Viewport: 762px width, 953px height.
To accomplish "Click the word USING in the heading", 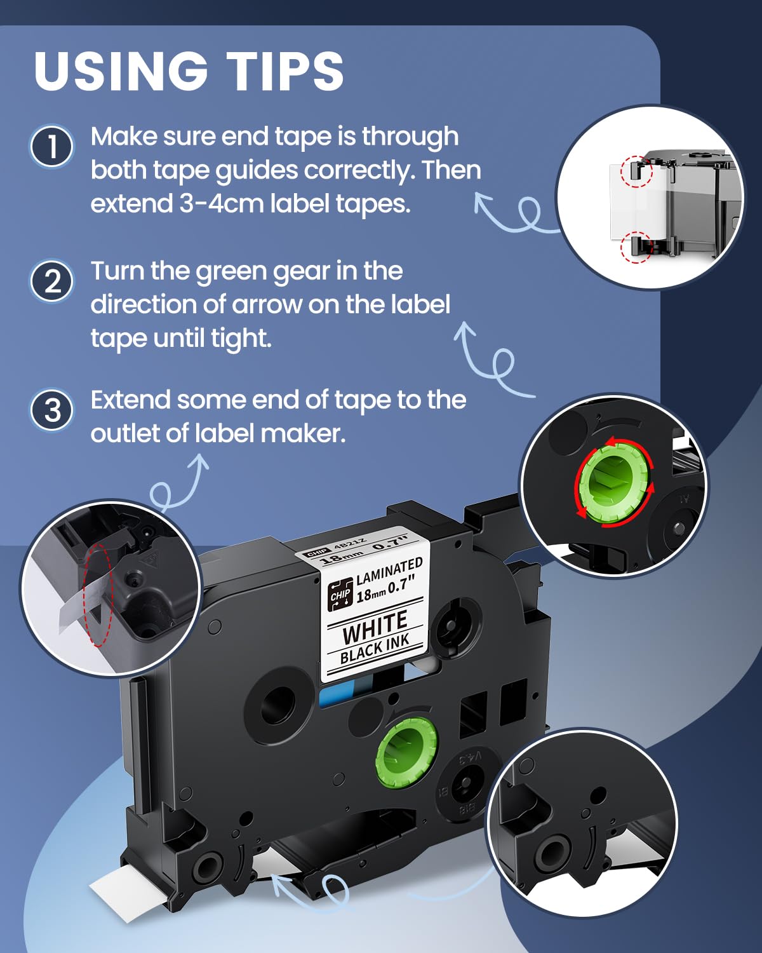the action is (x=121, y=71).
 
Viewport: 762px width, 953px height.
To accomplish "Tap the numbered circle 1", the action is (x=52, y=147).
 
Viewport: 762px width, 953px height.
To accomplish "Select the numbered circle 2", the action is (x=52, y=281).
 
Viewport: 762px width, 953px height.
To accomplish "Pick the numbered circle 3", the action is (x=52, y=410).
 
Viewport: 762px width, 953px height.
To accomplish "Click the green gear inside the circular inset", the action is (x=614, y=483).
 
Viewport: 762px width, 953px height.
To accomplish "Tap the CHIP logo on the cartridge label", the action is (x=340, y=594).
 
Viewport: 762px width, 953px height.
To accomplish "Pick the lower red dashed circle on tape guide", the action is (x=636, y=247).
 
